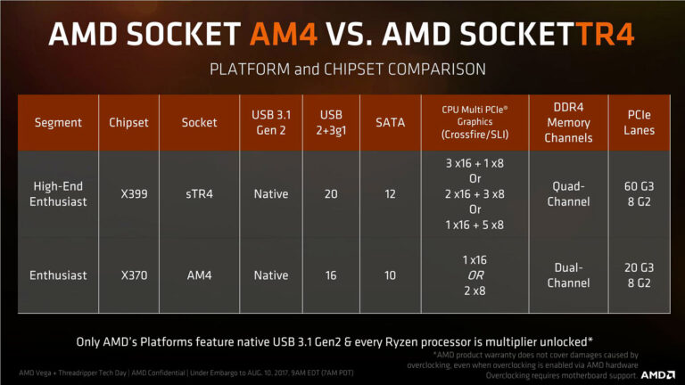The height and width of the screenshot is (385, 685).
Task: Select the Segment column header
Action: [x=58, y=122]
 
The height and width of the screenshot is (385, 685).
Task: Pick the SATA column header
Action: [x=390, y=122]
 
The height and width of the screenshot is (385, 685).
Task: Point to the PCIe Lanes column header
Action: [x=640, y=122]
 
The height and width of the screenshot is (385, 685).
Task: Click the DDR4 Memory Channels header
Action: [x=568, y=122]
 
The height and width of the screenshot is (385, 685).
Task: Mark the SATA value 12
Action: [x=390, y=193]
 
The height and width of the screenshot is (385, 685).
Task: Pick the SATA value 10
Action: [x=390, y=275]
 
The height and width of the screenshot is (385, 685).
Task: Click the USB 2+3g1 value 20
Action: [x=331, y=193]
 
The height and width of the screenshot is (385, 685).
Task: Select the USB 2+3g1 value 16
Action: [x=331, y=275]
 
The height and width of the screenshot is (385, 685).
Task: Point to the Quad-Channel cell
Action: [x=568, y=193]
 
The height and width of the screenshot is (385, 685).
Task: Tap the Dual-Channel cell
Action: [x=568, y=274]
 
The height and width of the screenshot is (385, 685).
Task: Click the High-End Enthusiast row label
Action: [x=58, y=193]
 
